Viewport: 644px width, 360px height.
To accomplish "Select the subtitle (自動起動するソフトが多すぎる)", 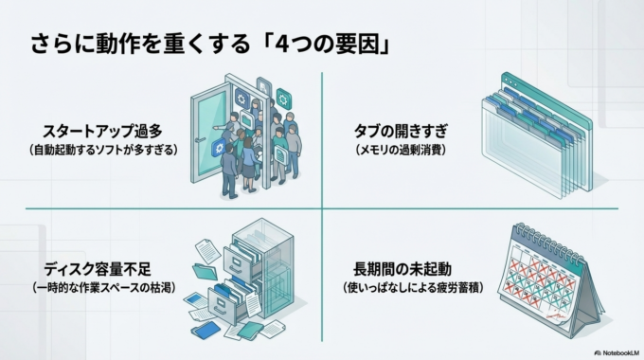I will pos(103,151).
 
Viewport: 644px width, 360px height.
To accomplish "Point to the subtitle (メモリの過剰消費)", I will pos(400,151).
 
